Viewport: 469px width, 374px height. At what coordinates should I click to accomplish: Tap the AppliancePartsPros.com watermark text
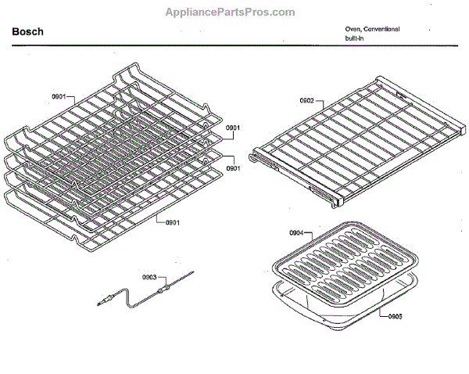(x=231, y=12)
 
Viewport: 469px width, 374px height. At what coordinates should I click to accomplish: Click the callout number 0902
(x=307, y=101)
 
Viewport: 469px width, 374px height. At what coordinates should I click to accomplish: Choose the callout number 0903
(x=149, y=277)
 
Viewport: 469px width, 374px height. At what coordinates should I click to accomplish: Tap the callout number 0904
(x=295, y=233)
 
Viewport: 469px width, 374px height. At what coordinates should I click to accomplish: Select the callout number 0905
(x=396, y=315)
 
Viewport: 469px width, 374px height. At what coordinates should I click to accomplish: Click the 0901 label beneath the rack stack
(x=173, y=222)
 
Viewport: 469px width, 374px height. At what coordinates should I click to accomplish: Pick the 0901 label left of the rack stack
(x=59, y=96)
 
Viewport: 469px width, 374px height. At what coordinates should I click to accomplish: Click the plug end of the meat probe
(x=102, y=298)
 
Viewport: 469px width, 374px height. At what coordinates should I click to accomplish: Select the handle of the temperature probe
(x=163, y=290)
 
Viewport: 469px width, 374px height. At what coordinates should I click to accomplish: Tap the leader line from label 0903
(x=159, y=282)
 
